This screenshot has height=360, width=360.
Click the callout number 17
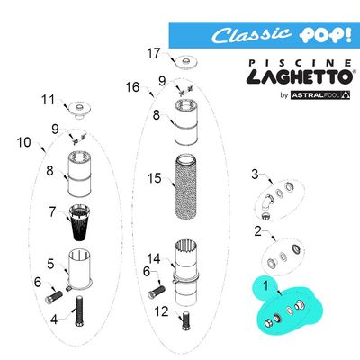click(x=154, y=53)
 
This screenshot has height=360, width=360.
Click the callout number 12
click(x=163, y=311)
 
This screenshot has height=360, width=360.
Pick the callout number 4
click(x=54, y=319)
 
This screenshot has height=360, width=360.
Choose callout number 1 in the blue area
click(x=265, y=287)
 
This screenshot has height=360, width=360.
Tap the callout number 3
click(x=255, y=174)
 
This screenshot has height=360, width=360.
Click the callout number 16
click(x=133, y=87)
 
